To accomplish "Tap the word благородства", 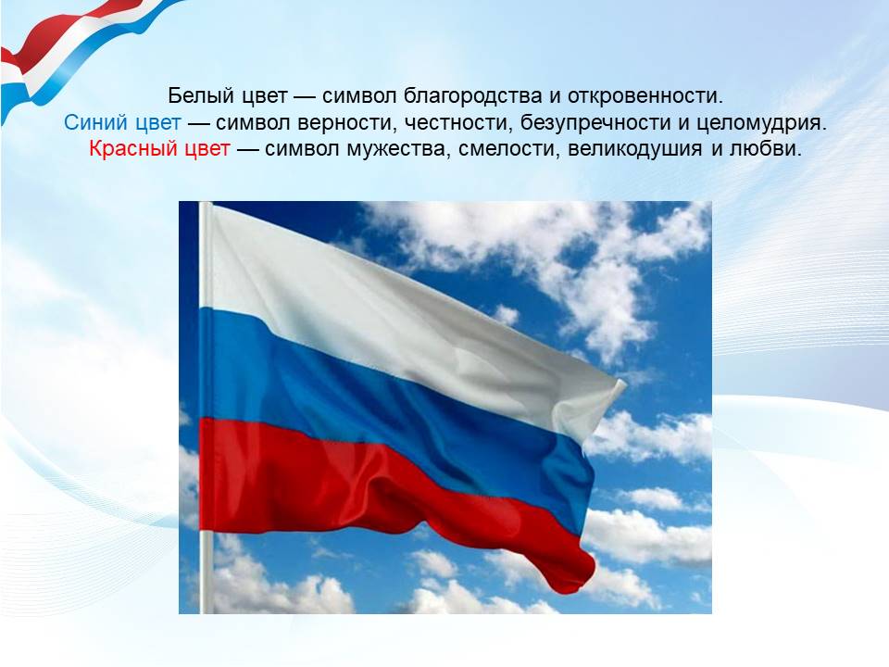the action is tap(473, 95).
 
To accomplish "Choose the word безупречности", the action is tap(595, 123).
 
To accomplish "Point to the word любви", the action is tap(766, 148).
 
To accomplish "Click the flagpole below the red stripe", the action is tap(207, 572).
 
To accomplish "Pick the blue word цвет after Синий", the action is tap(158, 123).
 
